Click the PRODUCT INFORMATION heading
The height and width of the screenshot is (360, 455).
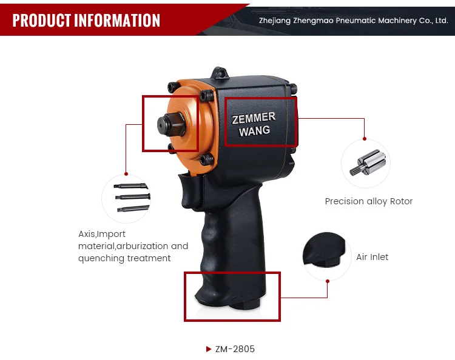(86, 21)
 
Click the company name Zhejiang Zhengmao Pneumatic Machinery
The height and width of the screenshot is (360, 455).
(353, 21)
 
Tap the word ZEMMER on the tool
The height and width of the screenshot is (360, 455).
(254, 118)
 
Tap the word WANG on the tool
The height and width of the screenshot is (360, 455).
(254, 131)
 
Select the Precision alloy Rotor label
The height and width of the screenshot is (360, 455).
(368, 201)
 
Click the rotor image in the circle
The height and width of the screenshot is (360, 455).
(365, 164)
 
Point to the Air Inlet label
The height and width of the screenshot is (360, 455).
(372, 257)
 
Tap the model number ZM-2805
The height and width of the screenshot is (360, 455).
(235, 349)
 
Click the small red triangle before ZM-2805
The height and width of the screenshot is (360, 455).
(209, 349)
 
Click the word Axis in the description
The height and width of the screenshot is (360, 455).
(87, 234)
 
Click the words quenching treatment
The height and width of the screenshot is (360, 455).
(124, 258)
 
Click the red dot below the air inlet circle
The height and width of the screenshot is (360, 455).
(327, 281)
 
